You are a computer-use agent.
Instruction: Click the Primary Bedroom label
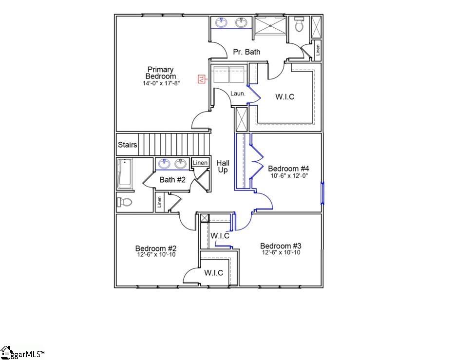point(160,73)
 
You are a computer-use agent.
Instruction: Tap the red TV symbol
point(200,78)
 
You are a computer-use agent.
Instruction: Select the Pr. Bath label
point(246,52)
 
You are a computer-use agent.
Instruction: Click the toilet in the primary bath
point(300,24)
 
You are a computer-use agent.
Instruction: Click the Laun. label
point(238,93)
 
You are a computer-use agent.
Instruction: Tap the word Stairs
point(127,145)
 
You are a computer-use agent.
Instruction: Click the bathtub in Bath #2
point(125,174)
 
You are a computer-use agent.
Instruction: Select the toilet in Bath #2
point(125,202)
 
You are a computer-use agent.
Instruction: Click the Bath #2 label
point(173,180)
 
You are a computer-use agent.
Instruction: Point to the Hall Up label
point(223,166)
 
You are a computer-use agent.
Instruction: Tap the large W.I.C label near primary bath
point(285,97)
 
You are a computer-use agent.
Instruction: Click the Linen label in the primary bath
point(318,50)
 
